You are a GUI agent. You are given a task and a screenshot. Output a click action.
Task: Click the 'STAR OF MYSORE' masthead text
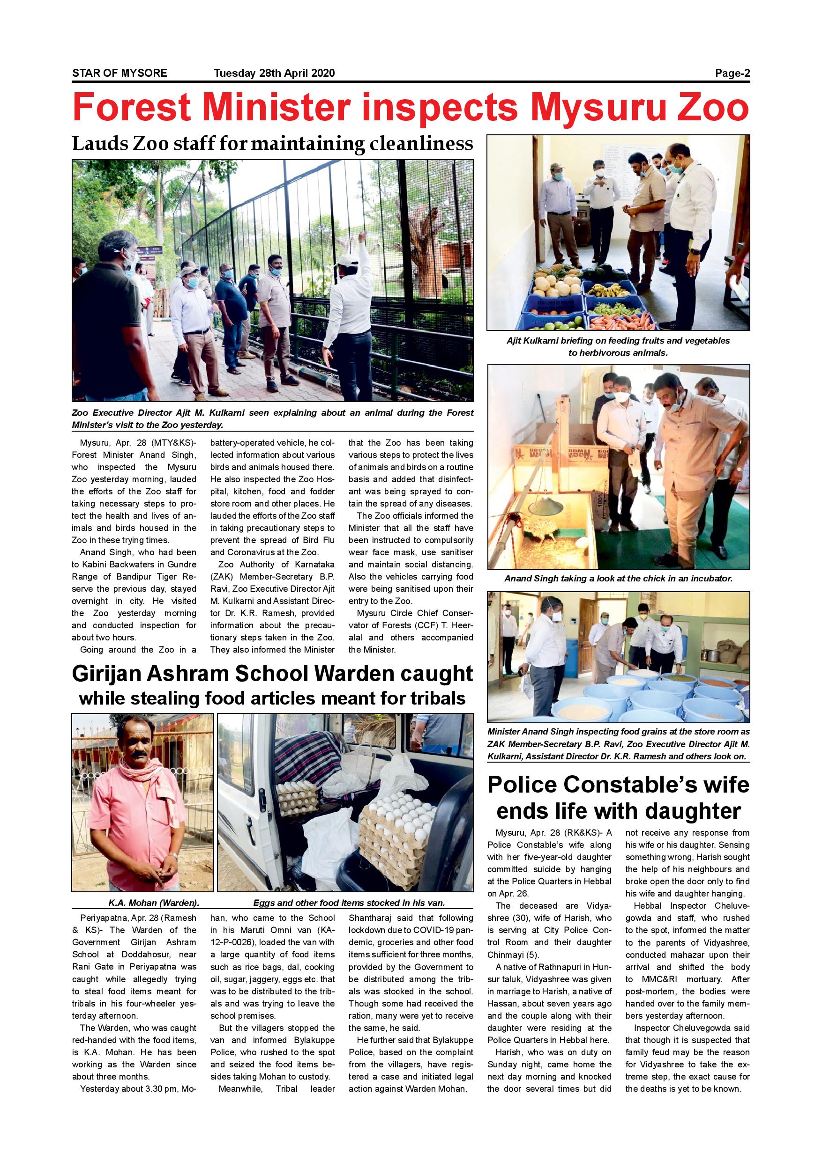(x=120, y=73)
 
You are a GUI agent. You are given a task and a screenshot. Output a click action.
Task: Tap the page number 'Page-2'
(x=732, y=73)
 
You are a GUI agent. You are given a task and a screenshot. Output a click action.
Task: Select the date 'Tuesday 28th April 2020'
(x=274, y=73)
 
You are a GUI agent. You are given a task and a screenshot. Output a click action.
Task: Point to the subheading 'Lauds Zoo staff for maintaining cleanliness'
(x=272, y=144)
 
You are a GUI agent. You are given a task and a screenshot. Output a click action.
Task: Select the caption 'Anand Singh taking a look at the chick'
(x=618, y=579)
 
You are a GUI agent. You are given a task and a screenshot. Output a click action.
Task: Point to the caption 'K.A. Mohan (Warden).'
(x=153, y=903)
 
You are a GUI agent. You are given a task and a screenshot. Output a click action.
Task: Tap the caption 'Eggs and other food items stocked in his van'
(x=349, y=903)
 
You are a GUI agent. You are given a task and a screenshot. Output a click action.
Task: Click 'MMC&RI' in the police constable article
(x=656, y=979)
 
